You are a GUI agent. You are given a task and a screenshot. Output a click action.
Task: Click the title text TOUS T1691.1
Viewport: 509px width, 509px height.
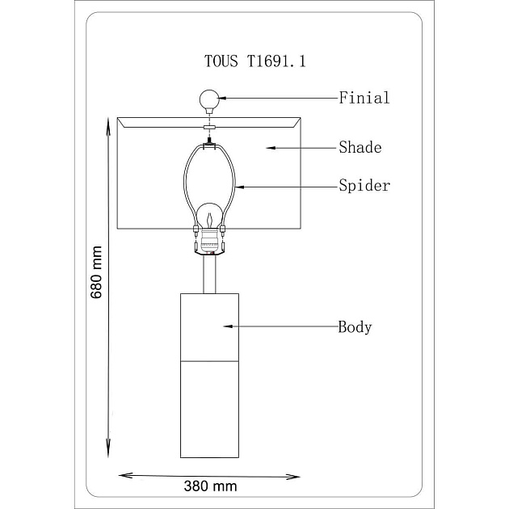pyautogui.click(x=254, y=61)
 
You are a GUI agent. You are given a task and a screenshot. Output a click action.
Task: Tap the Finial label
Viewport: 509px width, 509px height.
pyautogui.click(x=364, y=98)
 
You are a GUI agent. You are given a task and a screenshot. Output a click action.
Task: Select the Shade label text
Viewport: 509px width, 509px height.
pyautogui.click(x=360, y=147)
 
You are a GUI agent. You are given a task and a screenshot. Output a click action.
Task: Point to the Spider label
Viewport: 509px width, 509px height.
pyautogui.click(x=364, y=186)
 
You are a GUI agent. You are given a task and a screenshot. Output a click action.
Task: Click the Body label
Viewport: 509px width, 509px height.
pyautogui.click(x=355, y=327)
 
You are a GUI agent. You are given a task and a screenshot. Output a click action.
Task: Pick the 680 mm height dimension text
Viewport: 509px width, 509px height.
pyautogui.click(x=96, y=272)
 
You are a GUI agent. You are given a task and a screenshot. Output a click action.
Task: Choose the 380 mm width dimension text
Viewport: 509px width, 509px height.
pyautogui.click(x=210, y=486)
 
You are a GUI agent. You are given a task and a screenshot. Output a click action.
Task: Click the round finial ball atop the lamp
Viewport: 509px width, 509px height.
pyautogui.click(x=209, y=99)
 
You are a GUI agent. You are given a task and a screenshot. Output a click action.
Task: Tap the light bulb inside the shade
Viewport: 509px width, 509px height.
pyautogui.click(x=211, y=216)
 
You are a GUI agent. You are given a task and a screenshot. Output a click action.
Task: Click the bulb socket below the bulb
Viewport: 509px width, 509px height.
pyautogui.click(x=209, y=242)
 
